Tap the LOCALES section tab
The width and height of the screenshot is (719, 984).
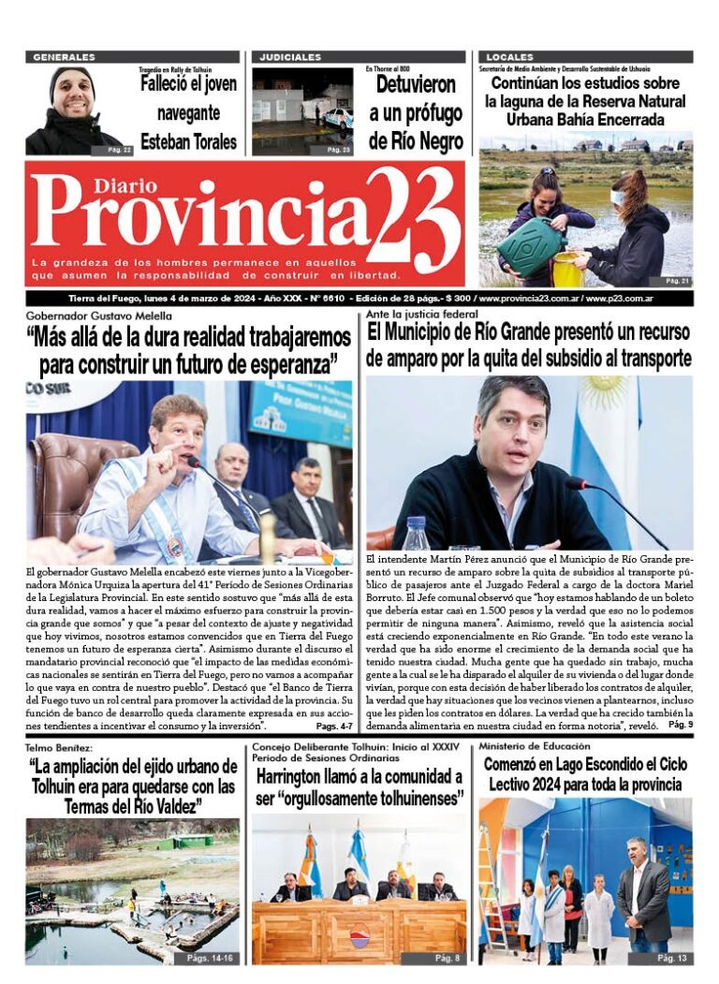coord(510,57)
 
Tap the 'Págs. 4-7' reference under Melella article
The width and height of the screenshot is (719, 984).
coord(333,727)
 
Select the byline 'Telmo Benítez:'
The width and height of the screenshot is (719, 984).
coord(60,748)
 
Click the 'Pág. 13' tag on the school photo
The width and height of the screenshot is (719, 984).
coord(671,959)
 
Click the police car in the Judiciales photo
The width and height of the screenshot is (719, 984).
coord(338,116)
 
